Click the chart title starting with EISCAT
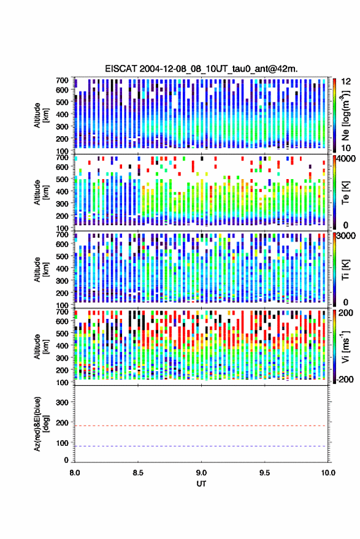click(202, 69)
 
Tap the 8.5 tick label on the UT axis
click(138, 473)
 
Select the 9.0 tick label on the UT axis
click(202, 473)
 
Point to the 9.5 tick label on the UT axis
click(264, 473)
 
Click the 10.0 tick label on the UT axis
click(328, 473)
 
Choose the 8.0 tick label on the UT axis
click(75, 473)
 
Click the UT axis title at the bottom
click(201, 484)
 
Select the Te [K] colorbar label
click(345, 193)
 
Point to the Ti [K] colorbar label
click(345, 270)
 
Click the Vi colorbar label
click(345, 346)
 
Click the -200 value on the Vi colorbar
click(344, 379)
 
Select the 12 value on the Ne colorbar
click(346, 82)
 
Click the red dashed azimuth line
click(202, 426)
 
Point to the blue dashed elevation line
click(202, 446)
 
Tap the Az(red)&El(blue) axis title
click(41, 424)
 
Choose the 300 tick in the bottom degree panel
click(62, 402)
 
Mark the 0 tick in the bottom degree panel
click(66, 460)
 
